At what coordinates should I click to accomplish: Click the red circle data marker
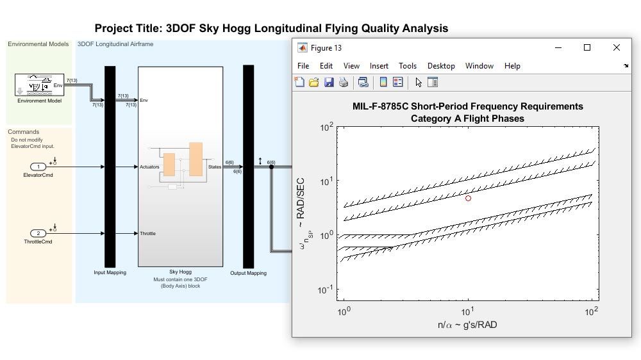468,199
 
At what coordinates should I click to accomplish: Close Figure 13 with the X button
616,47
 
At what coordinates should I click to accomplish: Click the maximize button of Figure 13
587,47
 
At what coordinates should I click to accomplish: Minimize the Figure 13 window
558,47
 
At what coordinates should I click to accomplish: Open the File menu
303,66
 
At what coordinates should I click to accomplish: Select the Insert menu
379,66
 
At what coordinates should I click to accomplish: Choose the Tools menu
407,66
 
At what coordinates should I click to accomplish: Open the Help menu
512,66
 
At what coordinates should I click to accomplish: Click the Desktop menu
441,66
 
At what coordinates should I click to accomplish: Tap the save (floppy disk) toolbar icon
329,82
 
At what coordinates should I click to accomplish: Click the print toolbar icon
344,82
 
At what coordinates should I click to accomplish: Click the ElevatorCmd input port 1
38,167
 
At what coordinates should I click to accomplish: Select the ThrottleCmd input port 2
38,234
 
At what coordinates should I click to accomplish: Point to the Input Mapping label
110,273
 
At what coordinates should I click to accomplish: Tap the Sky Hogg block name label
180,272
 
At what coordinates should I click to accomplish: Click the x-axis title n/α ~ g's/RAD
467,325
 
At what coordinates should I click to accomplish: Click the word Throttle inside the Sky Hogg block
147,234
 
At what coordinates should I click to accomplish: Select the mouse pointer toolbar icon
418,82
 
